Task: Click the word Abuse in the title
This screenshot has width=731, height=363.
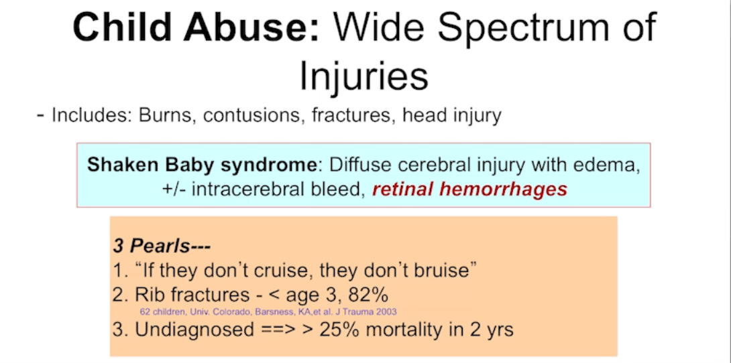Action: point(251,28)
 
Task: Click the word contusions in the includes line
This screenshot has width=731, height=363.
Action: point(255,116)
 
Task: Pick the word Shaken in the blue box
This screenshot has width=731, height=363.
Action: point(116,165)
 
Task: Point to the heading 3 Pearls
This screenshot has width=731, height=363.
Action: point(162,246)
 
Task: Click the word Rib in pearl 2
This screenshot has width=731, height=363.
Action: point(148,294)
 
